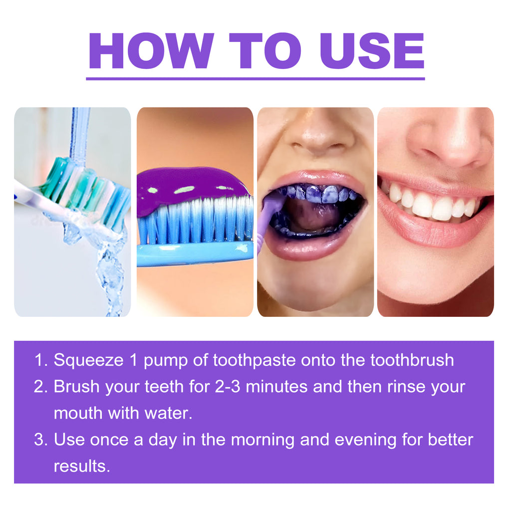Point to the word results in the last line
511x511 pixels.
[81, 466]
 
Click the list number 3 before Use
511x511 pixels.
[40, 440]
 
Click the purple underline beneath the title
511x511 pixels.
[255, 78]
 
